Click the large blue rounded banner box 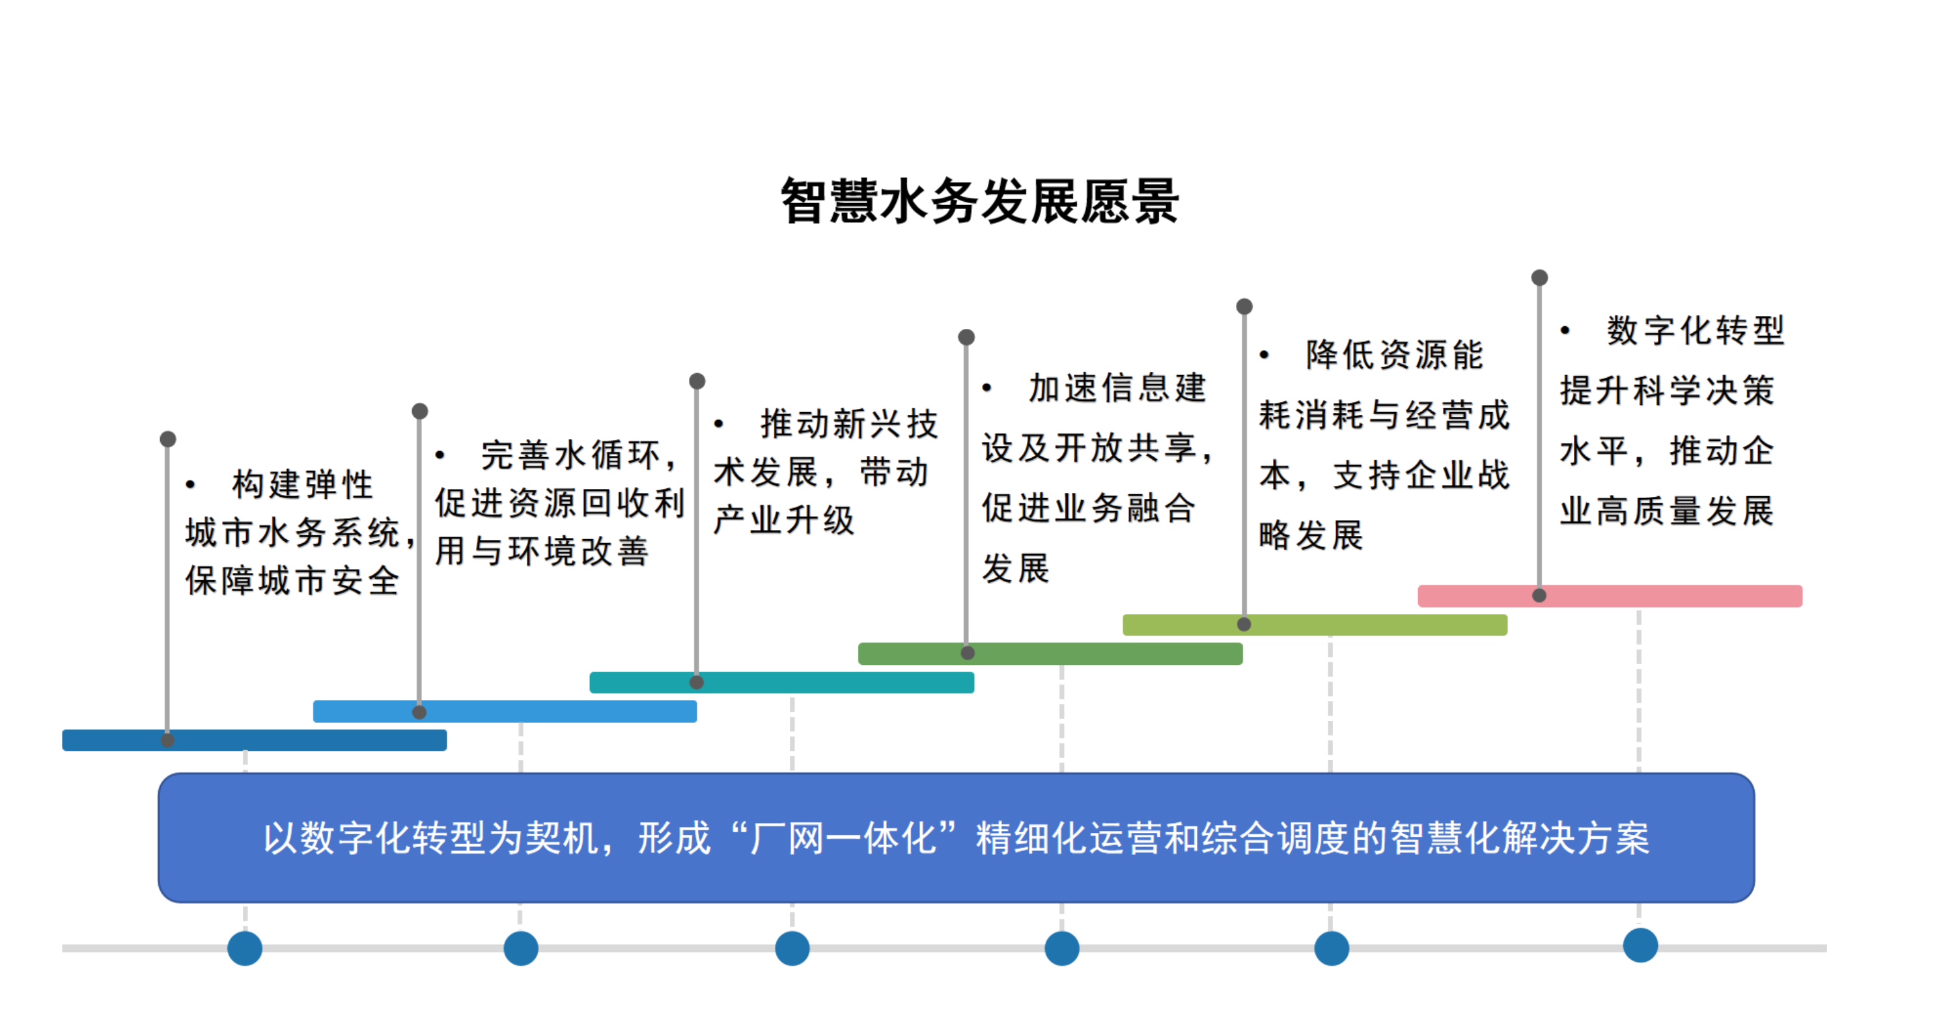coord(956,837)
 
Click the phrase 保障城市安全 coord(292,580)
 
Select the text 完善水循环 coord(570,455)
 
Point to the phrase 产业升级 coord(784,519)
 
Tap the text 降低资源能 coord(1395,355)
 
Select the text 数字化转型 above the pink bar coord(1695,329)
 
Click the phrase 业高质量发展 coord(1667,511)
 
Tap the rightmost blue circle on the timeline coord(1640,945)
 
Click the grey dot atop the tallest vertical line coord(1539,277)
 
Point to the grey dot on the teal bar coord(697,682)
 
